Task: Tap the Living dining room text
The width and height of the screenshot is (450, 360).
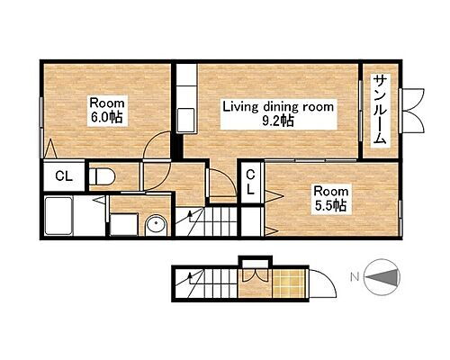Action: pos(278,106)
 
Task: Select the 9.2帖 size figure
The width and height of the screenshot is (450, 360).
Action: pos(278,121)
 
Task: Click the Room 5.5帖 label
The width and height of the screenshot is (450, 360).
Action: pos(330,197)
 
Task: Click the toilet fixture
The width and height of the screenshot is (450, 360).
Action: pos(103,175)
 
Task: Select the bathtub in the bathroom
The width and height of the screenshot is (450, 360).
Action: pos(64,217)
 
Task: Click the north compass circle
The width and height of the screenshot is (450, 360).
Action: pos(383,277)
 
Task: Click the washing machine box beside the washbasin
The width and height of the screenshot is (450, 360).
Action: pos(122,224)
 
